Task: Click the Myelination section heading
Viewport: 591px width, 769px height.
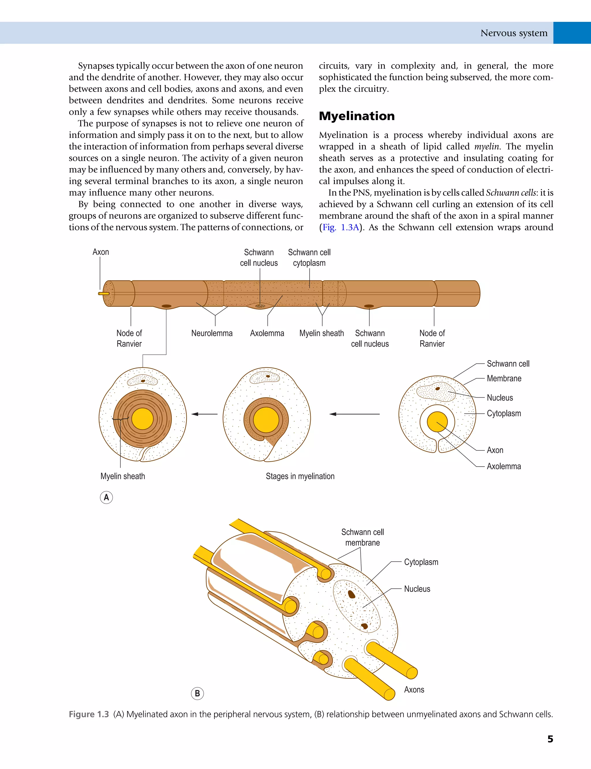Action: pos(357,116)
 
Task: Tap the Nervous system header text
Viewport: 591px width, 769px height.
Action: pos(514,33)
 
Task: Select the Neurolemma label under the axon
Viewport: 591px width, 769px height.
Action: pos(212,333)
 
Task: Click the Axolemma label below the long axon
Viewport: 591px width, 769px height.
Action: pos(267,333)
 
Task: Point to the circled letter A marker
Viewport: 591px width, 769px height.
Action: pos(106,497)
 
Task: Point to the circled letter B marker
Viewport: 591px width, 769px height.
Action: pos(197,693)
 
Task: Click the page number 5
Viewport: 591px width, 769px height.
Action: pos(550,739)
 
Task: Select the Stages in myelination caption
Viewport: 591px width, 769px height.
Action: pos(300,476)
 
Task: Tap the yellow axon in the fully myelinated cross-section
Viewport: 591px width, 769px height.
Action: pos(143,419)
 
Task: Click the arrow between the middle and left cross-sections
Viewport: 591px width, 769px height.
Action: pos(204,414)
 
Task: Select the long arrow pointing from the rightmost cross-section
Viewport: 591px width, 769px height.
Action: pos(354,414)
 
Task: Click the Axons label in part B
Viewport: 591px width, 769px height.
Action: pos(414,689)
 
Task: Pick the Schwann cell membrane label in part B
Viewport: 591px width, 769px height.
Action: pos(362,537)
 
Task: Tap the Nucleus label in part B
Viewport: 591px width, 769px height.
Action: pos(417,589)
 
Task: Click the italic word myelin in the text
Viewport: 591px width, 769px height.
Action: pos(487,147)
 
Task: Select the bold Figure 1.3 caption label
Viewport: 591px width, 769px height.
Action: pos(89,714)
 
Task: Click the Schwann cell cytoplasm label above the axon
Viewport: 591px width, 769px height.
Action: pos(309,257)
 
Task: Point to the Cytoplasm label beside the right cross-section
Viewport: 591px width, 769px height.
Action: pos(504,413)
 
